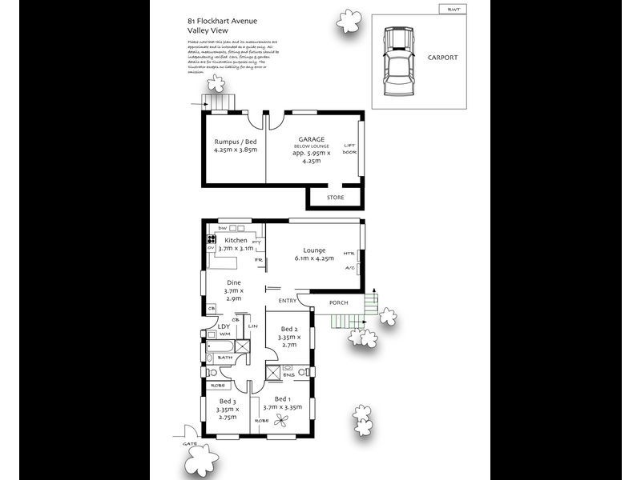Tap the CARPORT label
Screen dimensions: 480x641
click(442, 58)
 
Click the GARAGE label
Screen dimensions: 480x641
click(311, 138)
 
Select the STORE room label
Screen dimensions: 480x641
click(335, 197)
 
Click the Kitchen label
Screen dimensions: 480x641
click(236, 240)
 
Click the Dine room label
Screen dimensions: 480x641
click(233, 282)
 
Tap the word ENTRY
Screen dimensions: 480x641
click(287, 301)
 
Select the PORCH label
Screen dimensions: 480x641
click(339, 302)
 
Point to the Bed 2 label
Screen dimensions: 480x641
click(289, 330)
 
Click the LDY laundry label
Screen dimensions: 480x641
click(224, 326)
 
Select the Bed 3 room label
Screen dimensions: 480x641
click(228, 401)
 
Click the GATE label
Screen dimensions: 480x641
click(189, 442)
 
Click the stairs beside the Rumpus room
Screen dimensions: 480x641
click(218, 102)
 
